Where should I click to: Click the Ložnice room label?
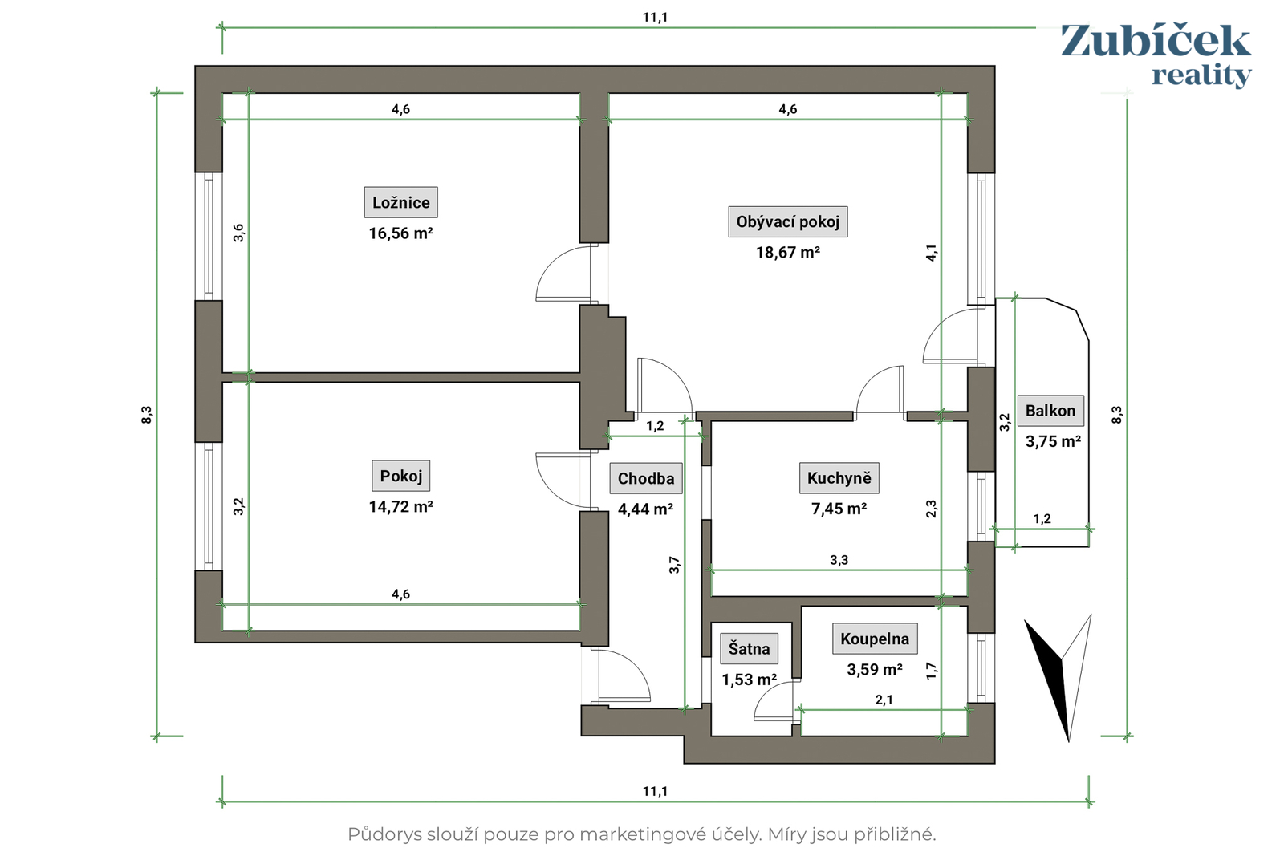tap(400, 202)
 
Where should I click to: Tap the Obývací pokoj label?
tap(787, 221)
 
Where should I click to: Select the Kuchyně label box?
tap(839, 478)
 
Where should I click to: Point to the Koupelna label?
tap(875, 639)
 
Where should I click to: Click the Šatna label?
tap(750, 648)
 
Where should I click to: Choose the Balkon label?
tap(1050, 410)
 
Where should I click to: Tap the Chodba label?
tap(646, 478)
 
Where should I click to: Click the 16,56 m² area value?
tap(400, 233)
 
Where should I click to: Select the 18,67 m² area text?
tap(787, 253)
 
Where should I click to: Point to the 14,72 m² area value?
tap(400, 506)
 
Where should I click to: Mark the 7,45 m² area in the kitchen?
tap(839, 509)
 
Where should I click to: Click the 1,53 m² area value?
tap(750, 680)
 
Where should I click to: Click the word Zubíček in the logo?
tap(1156, 41)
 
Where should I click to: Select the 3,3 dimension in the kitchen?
tap(839, 560)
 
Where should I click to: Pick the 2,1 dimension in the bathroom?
tap(884, 700)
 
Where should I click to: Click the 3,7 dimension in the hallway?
tap(675, 564)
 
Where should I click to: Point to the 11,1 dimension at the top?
tap(655, 17)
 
